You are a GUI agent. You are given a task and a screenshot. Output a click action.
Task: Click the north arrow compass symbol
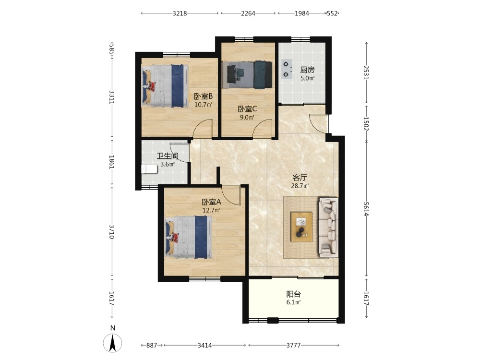click(113, 343)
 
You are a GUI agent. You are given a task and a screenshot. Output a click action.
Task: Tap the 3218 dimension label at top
click(180, 13)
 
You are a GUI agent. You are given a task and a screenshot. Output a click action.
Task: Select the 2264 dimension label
click(248, 13)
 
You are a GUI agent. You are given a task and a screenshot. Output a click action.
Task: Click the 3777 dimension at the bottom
click(293, 345)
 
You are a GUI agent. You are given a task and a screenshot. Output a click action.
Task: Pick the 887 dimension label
click(152, 345)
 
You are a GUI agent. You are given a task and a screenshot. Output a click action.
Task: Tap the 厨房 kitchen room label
click(307, 70)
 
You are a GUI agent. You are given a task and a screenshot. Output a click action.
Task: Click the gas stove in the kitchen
click(287, 69)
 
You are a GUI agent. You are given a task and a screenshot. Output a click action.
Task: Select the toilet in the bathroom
click(149, 169)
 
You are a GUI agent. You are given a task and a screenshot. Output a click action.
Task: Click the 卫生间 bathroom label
click(168, 156)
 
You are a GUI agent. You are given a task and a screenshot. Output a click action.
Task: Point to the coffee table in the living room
click(301, 227)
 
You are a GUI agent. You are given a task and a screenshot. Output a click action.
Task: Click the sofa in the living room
click(328, 227)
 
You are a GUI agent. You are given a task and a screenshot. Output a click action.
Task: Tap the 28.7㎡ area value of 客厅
click(300, 186)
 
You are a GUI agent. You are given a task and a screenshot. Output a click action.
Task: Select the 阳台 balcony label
click(294, 294)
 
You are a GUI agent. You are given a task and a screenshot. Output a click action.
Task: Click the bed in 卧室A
click(189, 237)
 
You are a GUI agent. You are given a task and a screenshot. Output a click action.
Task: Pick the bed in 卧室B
click(165, 85)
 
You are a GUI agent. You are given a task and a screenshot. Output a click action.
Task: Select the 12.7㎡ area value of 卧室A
click(211, 210)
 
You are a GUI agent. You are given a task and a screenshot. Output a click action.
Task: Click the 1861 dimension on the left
click(112, 162)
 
